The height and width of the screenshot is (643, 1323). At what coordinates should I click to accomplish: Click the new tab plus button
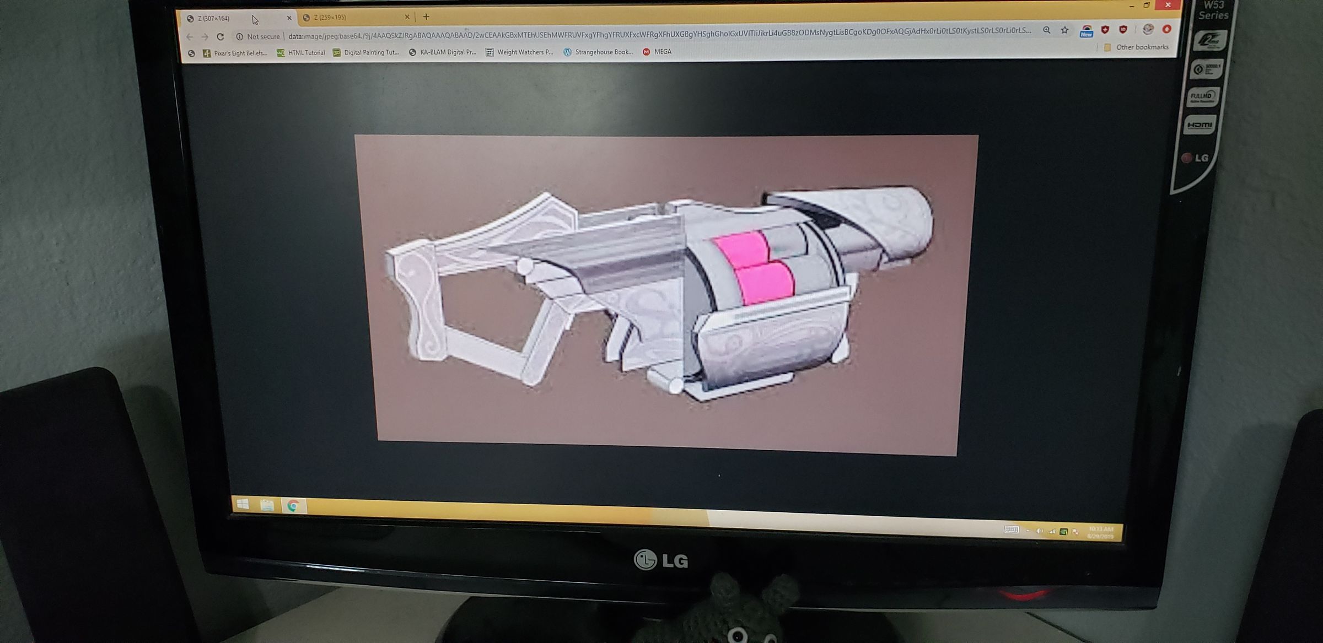426,17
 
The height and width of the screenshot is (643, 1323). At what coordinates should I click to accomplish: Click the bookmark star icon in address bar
1064,30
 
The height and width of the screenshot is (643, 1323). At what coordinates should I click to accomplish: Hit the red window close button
1167,5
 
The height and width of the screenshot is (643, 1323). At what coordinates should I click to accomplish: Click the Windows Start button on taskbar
243,504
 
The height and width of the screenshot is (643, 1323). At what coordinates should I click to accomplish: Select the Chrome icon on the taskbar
293,505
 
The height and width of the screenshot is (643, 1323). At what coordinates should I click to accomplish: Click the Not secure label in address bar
263,37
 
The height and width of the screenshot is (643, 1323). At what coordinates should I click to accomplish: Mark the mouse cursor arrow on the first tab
255,20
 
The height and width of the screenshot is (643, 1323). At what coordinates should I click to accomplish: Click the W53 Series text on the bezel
1213,10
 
